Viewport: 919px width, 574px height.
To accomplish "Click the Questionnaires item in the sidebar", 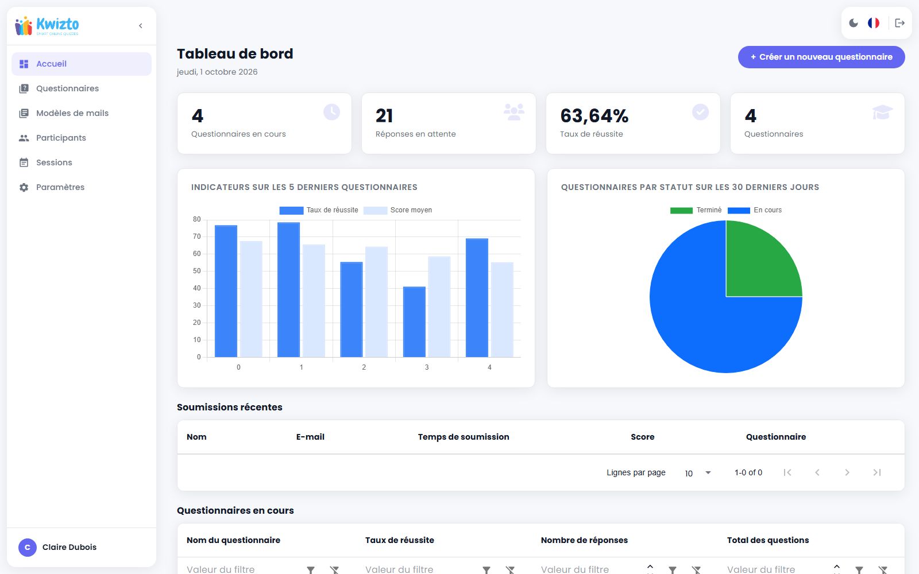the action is click(67, 88).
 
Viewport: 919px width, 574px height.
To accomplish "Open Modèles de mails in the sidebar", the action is click(72, 113).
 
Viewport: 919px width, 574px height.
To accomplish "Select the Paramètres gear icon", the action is click(24, 187).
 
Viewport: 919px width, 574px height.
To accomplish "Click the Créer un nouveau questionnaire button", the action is click(821, 57).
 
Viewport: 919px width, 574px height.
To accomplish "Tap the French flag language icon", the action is click(874, 23).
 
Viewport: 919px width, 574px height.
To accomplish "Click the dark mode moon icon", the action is click(854, 23).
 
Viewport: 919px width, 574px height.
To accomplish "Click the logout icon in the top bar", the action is click(899, 23).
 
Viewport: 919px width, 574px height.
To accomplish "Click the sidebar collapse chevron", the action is click(140, 26).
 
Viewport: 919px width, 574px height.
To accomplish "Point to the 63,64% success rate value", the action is click(594, 115).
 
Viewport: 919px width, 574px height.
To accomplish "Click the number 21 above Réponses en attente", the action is click(384, 115).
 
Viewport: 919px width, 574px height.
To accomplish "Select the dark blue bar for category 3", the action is click(414, 322).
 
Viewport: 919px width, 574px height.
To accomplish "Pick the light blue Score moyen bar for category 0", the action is click(251, 299).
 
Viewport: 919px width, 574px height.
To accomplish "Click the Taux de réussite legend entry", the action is click(318, 210).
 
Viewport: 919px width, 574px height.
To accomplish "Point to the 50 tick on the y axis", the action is click(197, 271).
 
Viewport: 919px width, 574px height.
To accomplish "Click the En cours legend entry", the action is click(755, 210).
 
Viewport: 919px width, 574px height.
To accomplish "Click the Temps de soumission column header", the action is click(464, 437).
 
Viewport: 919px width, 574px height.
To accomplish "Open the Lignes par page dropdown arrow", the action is click(708, 473).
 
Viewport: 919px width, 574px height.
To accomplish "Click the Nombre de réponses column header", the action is click(584, 540).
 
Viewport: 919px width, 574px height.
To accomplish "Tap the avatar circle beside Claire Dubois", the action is click(28, 548).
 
